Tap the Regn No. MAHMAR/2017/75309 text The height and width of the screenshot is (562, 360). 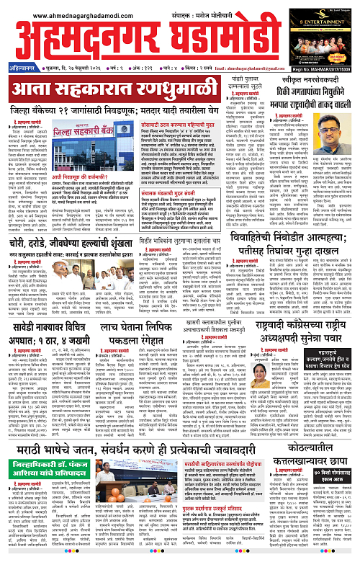pos(321,50)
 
